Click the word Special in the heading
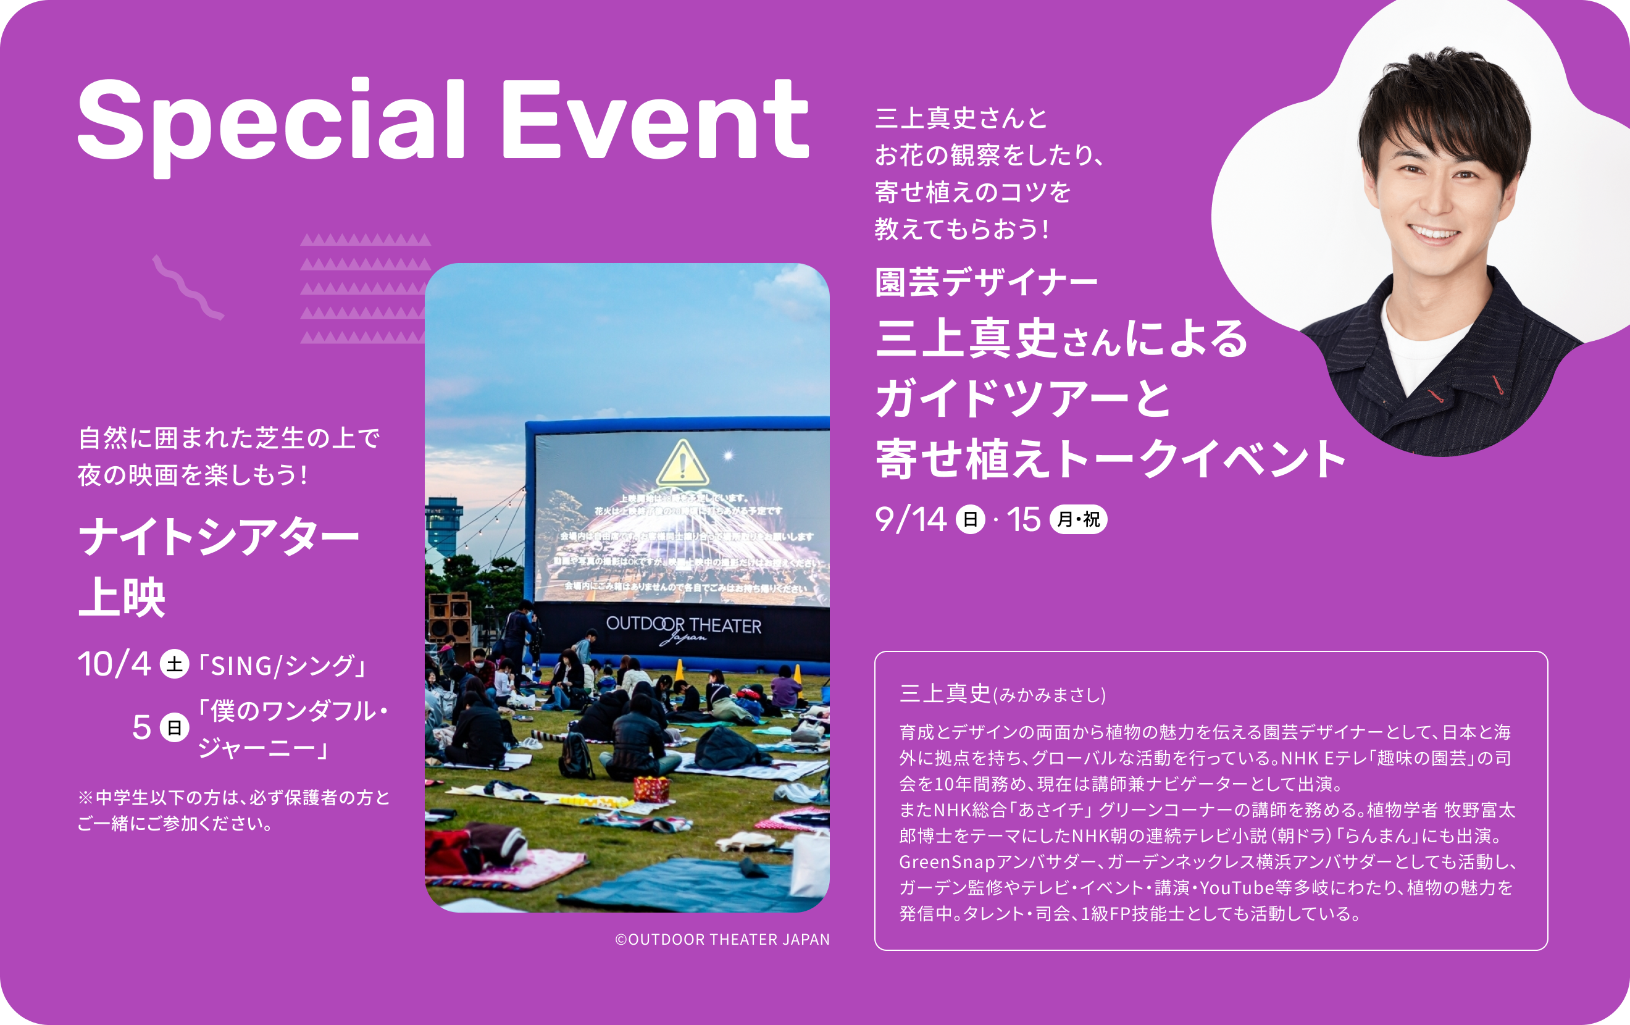(271, 122)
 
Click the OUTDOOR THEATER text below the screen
(683, 625)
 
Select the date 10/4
(114, 664)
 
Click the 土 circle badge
(174, 664)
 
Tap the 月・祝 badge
(1077, 519)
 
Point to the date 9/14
(911, 519)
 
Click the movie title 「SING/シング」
(283, 666)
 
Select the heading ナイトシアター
(219, 538)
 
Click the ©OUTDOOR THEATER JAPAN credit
(722, 940)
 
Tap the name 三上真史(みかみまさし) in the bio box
(1002, 694)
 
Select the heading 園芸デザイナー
(985, 282)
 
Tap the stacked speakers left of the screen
(449, 616)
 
